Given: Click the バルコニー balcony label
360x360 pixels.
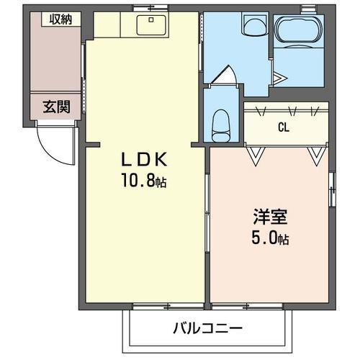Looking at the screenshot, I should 207,329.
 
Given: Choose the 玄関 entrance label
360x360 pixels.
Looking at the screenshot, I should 55,108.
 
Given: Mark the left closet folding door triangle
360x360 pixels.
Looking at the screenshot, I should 256,155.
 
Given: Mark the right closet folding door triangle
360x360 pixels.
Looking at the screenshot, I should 315,155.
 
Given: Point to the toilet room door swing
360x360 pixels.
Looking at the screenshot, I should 225,75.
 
